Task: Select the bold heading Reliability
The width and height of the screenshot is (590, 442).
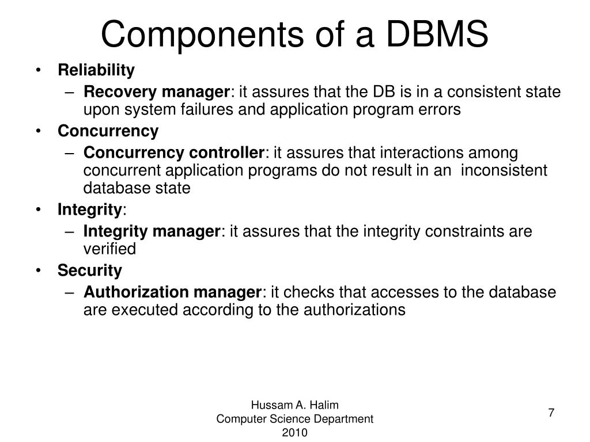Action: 96,70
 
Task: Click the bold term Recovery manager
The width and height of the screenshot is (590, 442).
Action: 157,92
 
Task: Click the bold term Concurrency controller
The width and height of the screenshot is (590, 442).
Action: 173,153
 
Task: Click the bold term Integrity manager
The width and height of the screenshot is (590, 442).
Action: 152,231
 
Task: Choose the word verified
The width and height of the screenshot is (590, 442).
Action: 109,249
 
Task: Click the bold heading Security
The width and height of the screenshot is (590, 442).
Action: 90,270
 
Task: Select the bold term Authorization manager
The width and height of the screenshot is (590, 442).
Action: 172,292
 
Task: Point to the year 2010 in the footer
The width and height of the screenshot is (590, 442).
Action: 295,433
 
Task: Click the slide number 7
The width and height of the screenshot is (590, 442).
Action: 551,413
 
